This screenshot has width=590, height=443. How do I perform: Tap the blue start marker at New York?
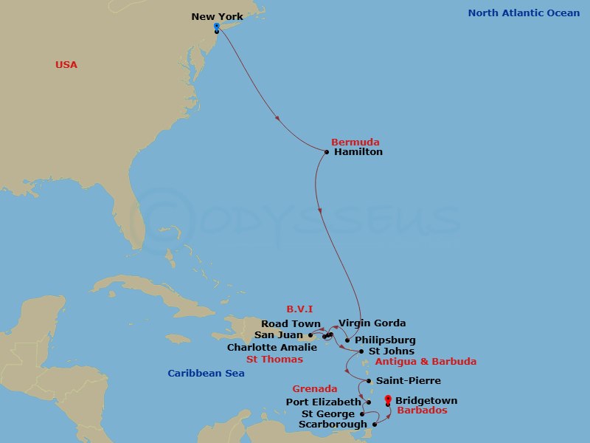click(216, 27)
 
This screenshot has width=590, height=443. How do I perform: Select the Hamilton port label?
click(358, 152)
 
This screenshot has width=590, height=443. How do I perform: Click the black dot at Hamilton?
click(327, 153)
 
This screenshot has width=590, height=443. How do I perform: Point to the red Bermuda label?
click(355, 142)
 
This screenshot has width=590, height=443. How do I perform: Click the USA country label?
click(66, 65)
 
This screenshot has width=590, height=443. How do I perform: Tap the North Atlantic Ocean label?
click(524, 13)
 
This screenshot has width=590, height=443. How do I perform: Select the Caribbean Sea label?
click(206, 374)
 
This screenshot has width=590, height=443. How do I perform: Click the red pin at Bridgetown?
click(388, 400)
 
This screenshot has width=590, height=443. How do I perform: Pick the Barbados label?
click(422, 411)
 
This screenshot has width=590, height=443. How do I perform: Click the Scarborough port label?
click(333, 425)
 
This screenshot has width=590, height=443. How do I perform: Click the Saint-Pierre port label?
click(409, 381)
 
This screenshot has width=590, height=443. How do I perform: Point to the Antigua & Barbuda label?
click(426, 362)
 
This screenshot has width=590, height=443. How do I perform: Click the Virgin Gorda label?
click(372, 323)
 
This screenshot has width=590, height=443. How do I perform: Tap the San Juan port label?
click(284, 335)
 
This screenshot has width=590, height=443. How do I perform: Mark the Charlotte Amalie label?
click(272, 347)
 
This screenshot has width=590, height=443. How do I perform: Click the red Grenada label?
click(315, 389)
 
